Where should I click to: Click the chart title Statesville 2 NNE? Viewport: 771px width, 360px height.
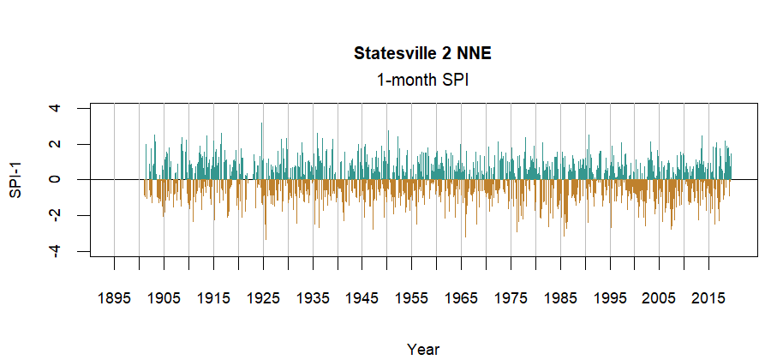(422, 54)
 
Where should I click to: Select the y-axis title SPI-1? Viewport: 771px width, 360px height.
(15, 180)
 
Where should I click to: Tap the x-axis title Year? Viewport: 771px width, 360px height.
(423, 349)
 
